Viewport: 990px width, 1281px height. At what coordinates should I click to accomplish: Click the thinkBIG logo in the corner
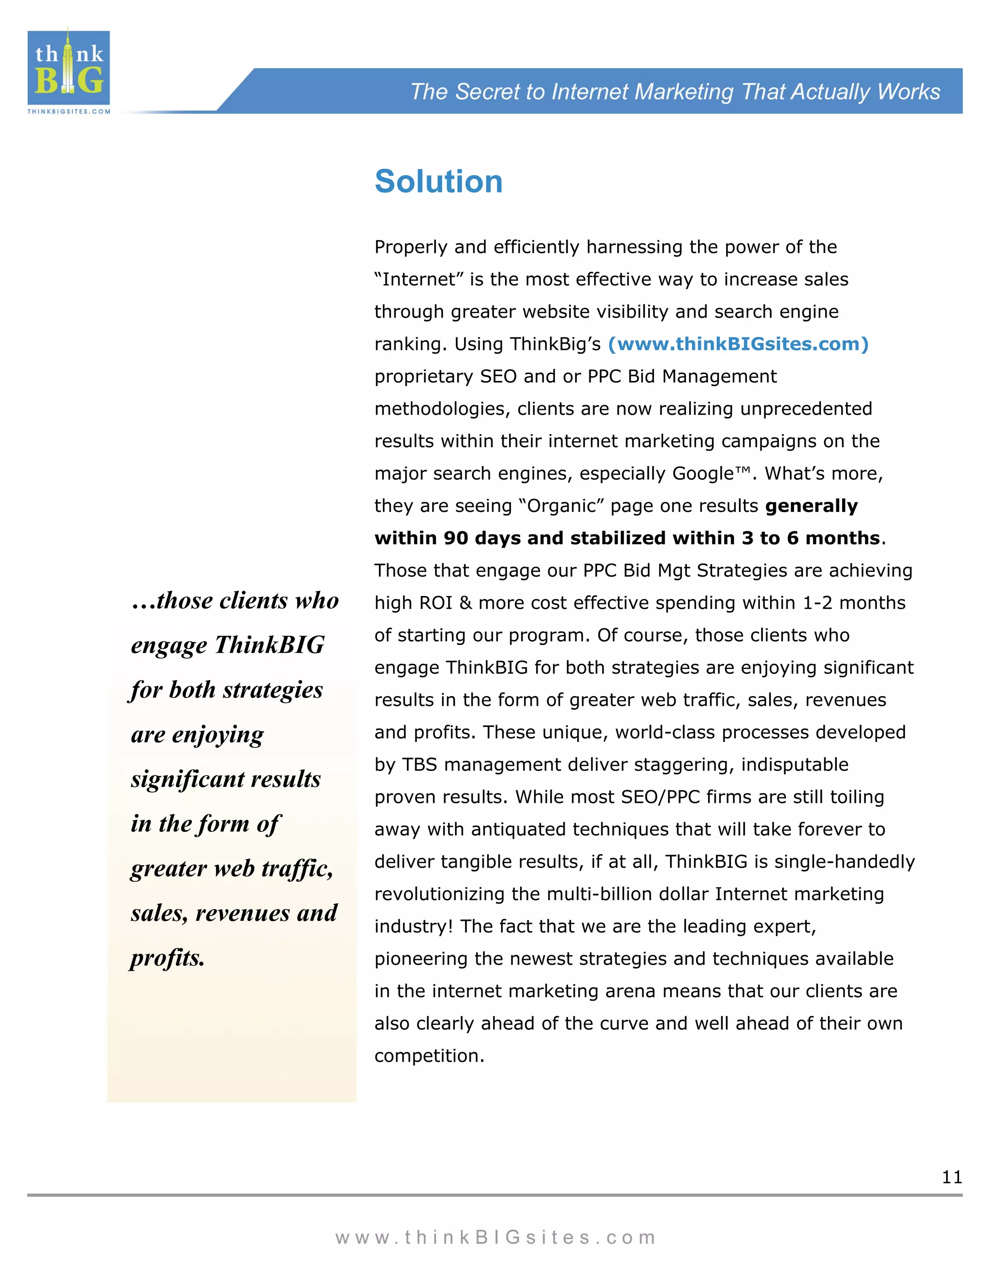(69, 68)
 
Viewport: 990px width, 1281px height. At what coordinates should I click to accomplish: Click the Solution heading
(439, 181)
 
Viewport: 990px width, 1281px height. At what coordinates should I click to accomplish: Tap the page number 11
(952, 1177)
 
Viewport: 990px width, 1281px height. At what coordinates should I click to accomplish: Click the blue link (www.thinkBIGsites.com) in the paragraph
(738, 344)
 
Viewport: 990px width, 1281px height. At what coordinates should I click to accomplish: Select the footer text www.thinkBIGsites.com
(495, 1237)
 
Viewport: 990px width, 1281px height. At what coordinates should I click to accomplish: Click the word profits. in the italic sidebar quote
(168, 958)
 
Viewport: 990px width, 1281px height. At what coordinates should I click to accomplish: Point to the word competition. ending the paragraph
(429, 1056)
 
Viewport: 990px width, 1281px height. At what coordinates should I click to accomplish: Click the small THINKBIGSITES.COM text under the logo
(69, 112)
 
